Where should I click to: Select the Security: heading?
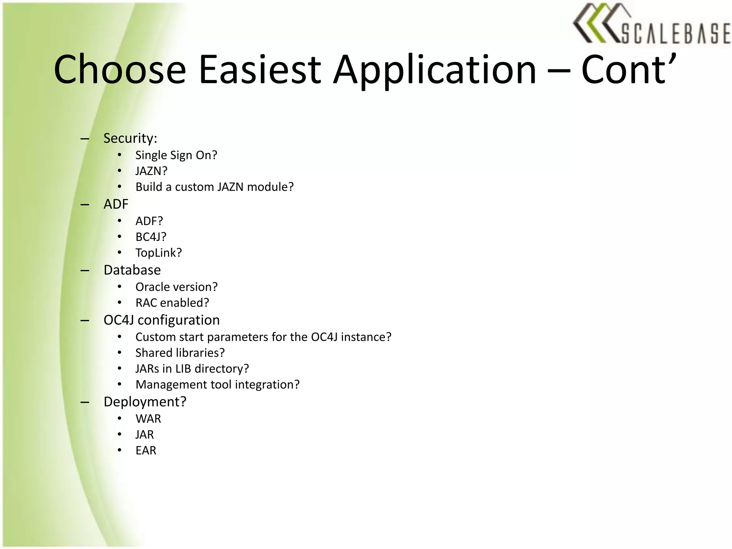pyautogui.click(x=130, y=138)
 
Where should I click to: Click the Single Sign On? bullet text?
pyautogui.click(x=176, y=155)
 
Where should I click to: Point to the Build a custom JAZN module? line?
pyautogui.click(x=214, y=187)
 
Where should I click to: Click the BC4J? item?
pyautogui.click(x=151, y=237)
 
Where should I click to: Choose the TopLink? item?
pyautogui.click(x=159, y=253)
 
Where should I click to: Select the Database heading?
pyautogui.click(x=132, y=270)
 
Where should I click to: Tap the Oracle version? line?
pyautogui.click(x=176, y=287)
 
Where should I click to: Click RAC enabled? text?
pyautogui.click(x=172, y=303)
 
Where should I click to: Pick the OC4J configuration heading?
pyautogui.click(x=162, y=320)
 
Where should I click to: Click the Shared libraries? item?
pyautogui.click(x=180, y=353)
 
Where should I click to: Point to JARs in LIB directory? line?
pyautogui.click(x=192, y=369)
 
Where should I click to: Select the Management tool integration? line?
pyautogui.click(x=217, y=385)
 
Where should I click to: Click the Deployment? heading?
pyautogui.click(x=145, y=402)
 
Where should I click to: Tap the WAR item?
pyautogui.click(x=148, y=419)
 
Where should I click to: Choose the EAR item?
pyautogui.click(x=146, y=450)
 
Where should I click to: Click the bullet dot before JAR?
pyautogui.click(x=120, y=435)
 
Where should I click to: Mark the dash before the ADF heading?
pyautogui.click(x=85, y=204)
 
